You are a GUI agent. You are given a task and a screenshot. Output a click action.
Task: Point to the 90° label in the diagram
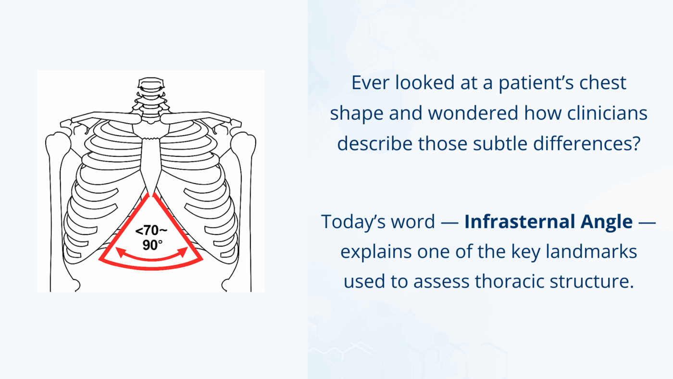coord(152,245)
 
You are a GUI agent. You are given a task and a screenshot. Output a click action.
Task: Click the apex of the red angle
coord(152,195)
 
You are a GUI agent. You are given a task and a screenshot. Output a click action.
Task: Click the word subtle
coord(495,143)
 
